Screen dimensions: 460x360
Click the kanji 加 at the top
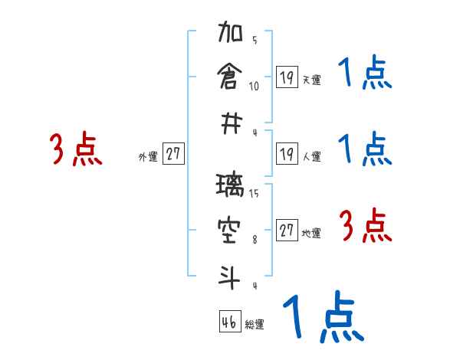coord(230,35)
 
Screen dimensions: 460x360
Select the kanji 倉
coord(230,77)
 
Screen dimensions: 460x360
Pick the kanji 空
coord(230,228)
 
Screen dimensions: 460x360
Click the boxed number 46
coord(228,322)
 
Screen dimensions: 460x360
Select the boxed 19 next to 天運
coord(287,77)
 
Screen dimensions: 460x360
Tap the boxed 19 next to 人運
coord(287,154)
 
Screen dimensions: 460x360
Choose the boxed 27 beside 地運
coord(287,231)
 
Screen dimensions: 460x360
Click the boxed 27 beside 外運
coord(173,154)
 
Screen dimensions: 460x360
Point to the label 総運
coord(255,325)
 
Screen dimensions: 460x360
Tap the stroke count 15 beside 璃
coord(254,193)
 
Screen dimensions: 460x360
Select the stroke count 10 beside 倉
coord(254,86)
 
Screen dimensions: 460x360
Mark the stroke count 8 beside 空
coord(254,239)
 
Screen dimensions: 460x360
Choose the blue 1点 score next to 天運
coord(365,74)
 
